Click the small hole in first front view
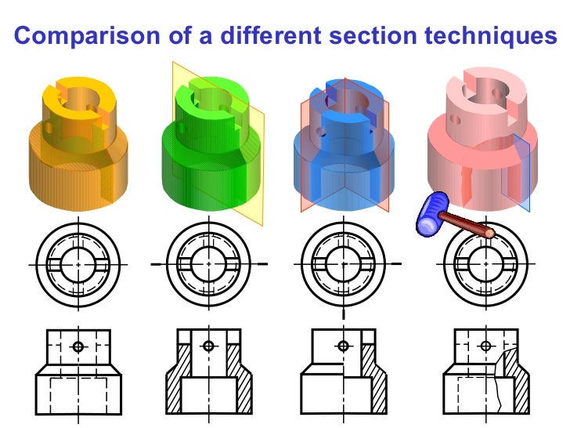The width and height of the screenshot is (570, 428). coord(78,346)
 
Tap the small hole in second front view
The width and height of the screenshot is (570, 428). coord(207,346)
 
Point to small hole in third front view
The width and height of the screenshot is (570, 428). coord(342,346)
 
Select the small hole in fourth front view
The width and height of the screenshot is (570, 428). coord(485,346)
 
